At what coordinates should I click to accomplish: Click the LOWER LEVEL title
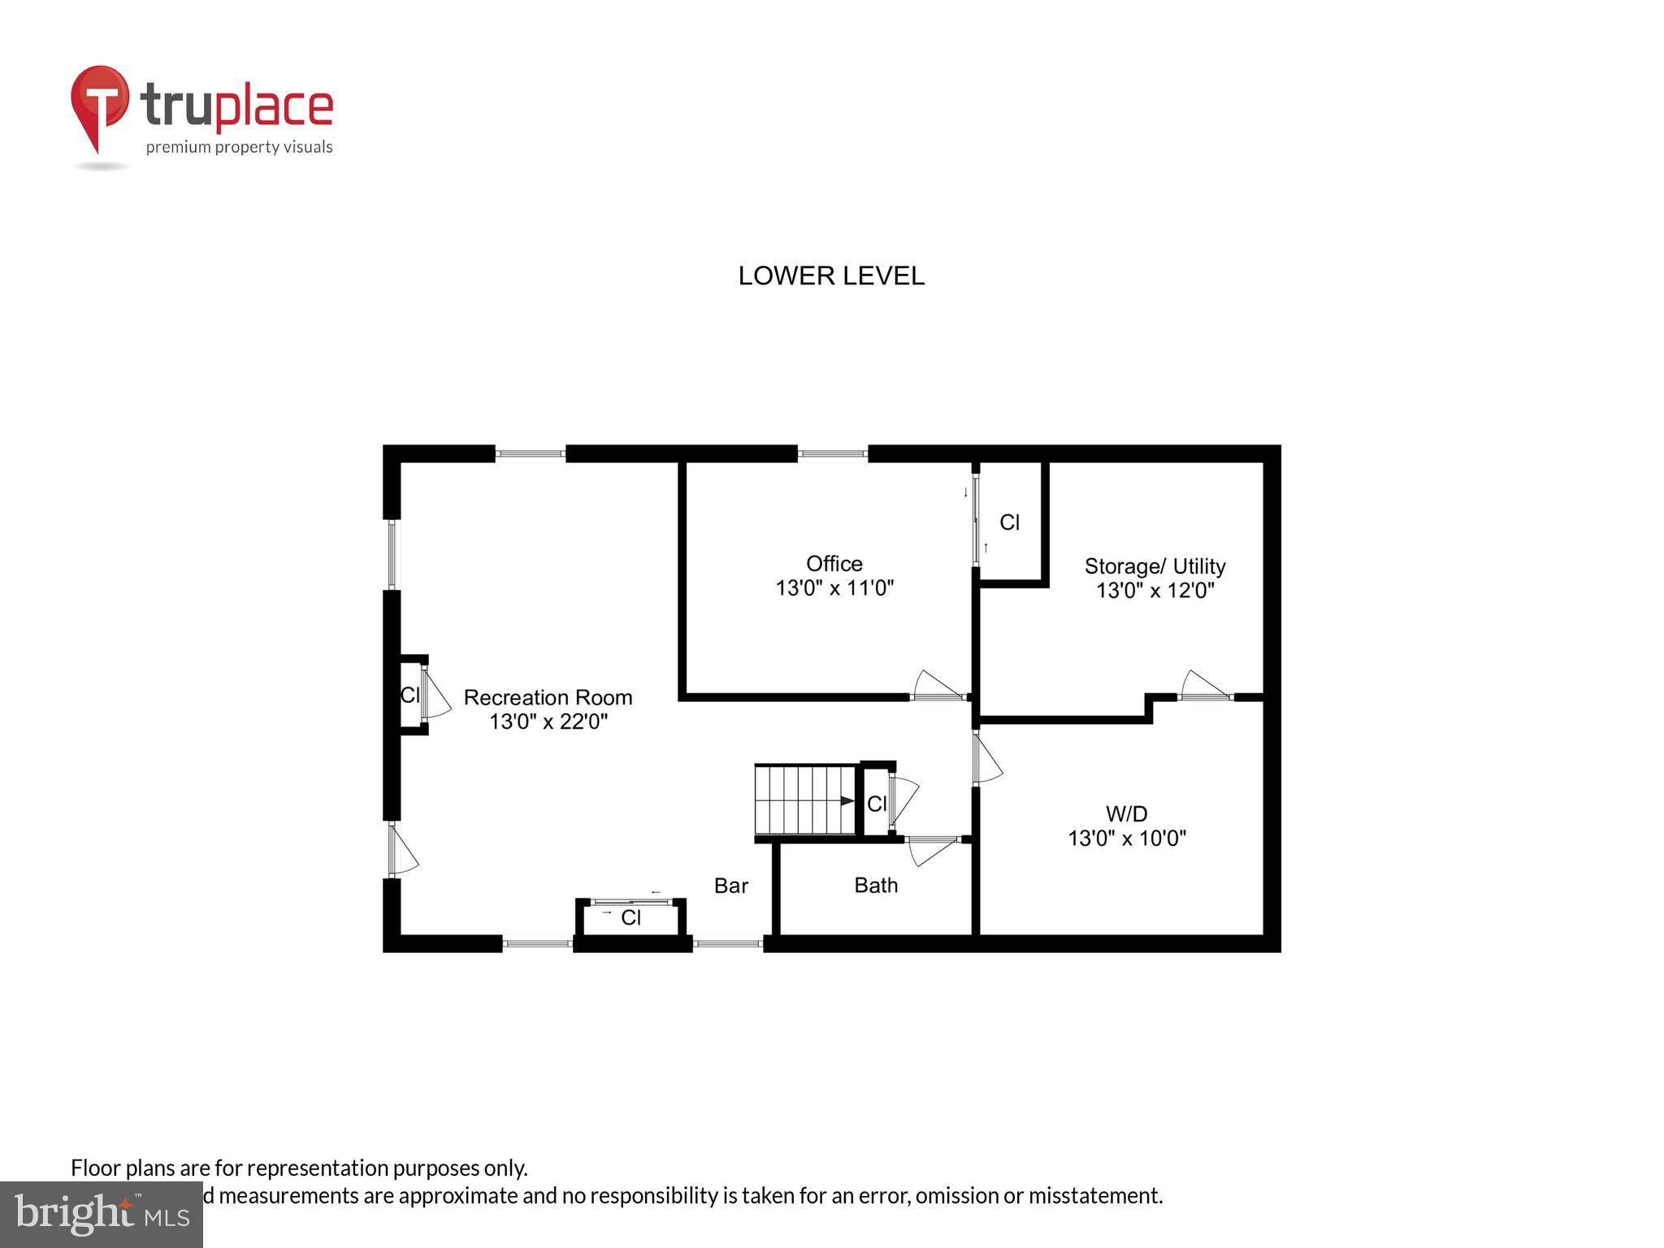click(x=831, y=276)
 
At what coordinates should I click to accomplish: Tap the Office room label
click(x=834, y=563)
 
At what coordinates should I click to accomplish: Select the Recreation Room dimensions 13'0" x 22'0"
click(x=548, y=721)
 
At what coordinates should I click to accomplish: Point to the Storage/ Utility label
click(x=1155, y=566)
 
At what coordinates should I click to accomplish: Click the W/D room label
click(x=1126, y=813)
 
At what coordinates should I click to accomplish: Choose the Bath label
click(x=876, y=885)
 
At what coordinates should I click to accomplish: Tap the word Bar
click(x=730, y=886)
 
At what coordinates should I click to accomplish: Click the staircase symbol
click(x=804, y=799)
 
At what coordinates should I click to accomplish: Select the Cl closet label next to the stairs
click(x=877, y=804)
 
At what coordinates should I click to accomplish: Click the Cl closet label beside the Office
click(x=1009, y=522)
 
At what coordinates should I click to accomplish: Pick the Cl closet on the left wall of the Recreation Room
click(x=410, y=695)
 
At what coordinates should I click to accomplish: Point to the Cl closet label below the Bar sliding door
click(x=631, y=918)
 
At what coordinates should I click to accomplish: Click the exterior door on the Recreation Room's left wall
click(x=401, y=850)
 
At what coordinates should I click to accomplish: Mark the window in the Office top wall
click(x=832, y=454)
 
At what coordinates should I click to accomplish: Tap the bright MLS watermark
click(x=102, y=1214)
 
